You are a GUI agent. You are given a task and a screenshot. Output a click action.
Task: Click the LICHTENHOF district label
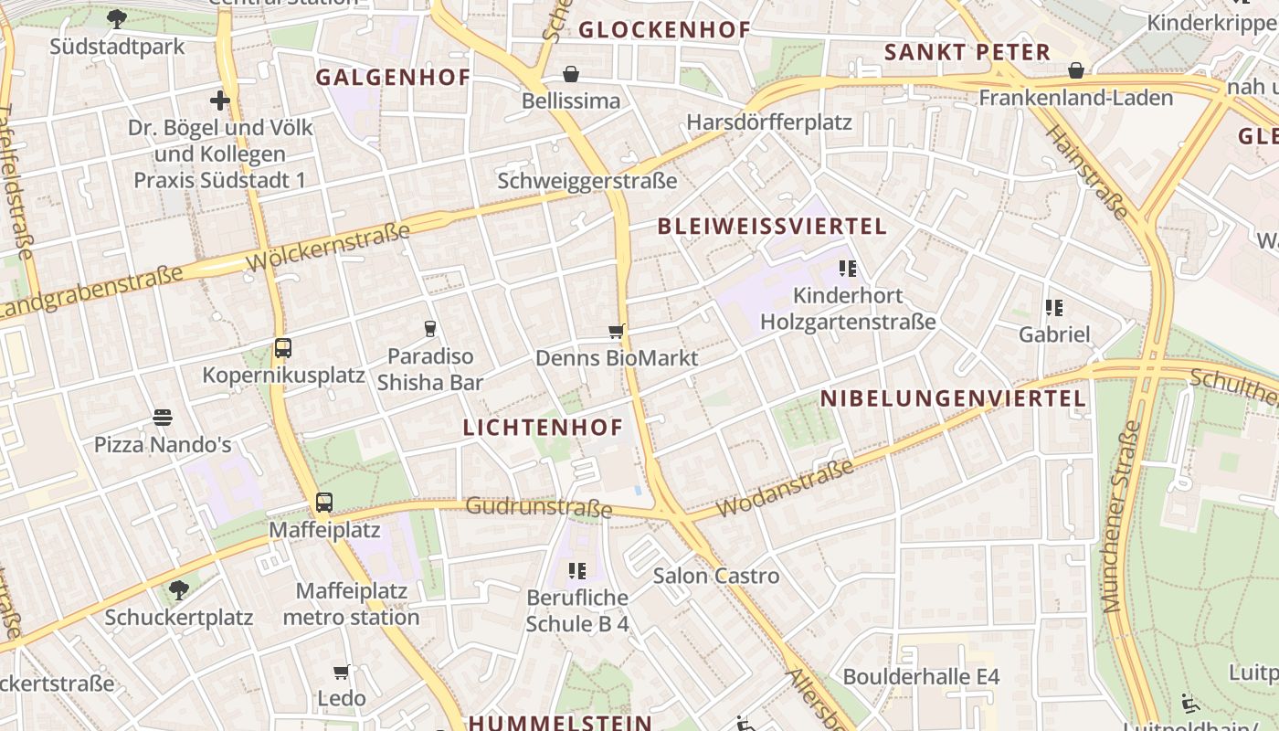coord(543,428)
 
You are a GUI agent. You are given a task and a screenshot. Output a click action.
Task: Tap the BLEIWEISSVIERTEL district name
coord(772,227)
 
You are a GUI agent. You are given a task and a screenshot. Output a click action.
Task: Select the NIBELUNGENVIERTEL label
coord(953,398)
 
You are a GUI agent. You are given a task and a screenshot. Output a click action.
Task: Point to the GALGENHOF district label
coord(393,78)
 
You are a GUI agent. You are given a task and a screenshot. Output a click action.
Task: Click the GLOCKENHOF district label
coord(664,30)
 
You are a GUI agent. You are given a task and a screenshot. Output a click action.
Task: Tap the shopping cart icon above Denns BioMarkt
coord(617,331)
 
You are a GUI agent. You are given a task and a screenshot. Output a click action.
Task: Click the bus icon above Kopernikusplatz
coord(283,348)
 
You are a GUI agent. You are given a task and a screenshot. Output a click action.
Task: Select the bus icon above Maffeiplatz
coord(324,502)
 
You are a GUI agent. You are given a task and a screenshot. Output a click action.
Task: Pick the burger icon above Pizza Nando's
coord(163,418)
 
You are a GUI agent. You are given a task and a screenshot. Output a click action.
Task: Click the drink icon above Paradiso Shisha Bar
coord(430,329)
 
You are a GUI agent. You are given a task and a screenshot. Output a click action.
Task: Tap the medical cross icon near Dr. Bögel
coord(220,101)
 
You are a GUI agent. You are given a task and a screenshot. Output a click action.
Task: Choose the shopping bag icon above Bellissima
coord(571,74)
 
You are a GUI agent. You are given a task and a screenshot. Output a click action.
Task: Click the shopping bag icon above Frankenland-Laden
coord(1076,70)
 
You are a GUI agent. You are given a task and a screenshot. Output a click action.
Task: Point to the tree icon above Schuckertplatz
coord(179,590)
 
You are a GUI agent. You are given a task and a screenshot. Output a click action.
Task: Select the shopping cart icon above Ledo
coord(342,673)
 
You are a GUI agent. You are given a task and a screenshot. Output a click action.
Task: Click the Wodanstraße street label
coord(786,488)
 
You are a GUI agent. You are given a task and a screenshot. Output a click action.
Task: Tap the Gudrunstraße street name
coord(538,507)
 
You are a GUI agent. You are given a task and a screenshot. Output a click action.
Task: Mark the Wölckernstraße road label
coord(328,248)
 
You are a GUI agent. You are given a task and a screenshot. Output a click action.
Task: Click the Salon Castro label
coord(716,576)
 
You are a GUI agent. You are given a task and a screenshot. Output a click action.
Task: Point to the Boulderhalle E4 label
coord(921,677)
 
